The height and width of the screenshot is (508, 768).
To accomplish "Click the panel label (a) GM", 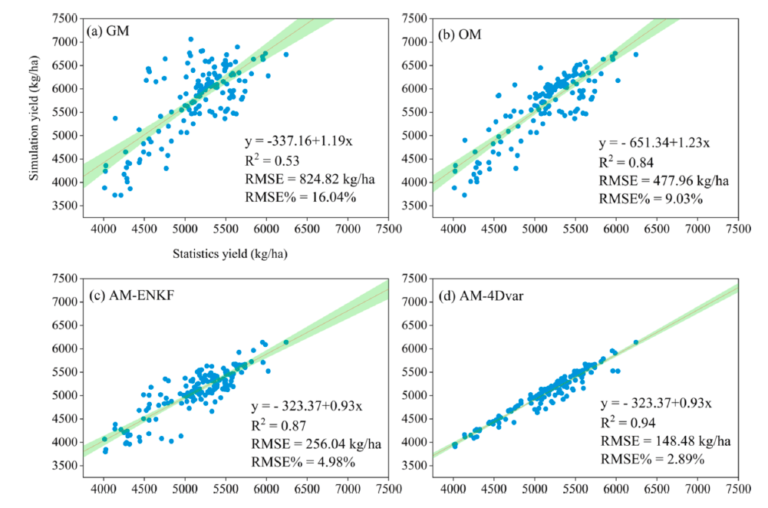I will [x=111, y=31].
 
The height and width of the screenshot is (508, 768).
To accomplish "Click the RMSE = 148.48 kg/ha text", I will [x=660, y=442].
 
